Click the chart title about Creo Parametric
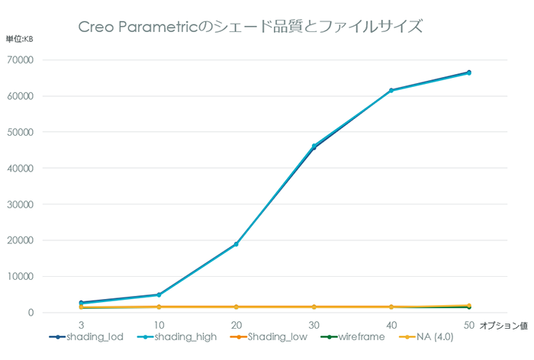pos(251,27)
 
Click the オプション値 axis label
pos(504,326)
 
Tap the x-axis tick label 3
pos(81,326)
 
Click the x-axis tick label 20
pos(236,326)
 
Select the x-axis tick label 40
pos(391,326)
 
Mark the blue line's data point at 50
pos(468,72)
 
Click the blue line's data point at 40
pos(391,90)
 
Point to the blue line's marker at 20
pos(236,244)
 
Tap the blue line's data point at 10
pos(159,294)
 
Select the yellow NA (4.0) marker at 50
pos(468,306)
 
